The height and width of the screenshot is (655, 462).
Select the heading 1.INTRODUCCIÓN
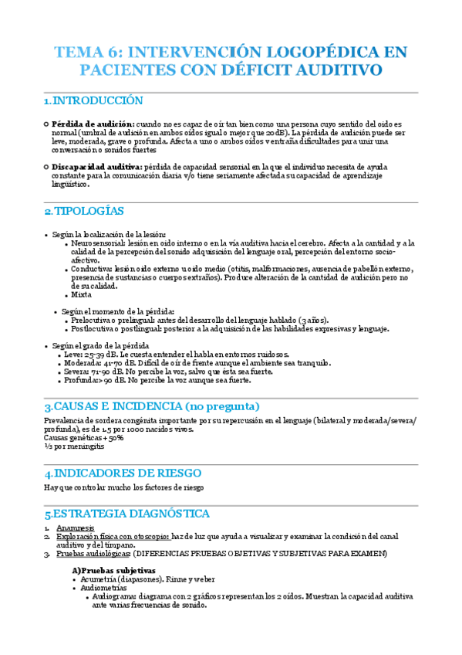pyautogui.click(x=93, y=101)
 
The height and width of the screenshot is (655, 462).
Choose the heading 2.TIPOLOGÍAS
pyautogui.click(x=84, y=211)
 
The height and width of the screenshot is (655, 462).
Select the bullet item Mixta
pyautogui.click(x=81, y=294)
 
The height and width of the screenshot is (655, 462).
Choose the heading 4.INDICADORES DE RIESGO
pyautogui.click(x=123, y=473)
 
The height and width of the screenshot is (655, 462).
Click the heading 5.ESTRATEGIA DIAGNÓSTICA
pyautogui.click(x=127, y=514)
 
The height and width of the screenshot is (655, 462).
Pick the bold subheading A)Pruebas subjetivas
pyautogui.click(x=113, y=569)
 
